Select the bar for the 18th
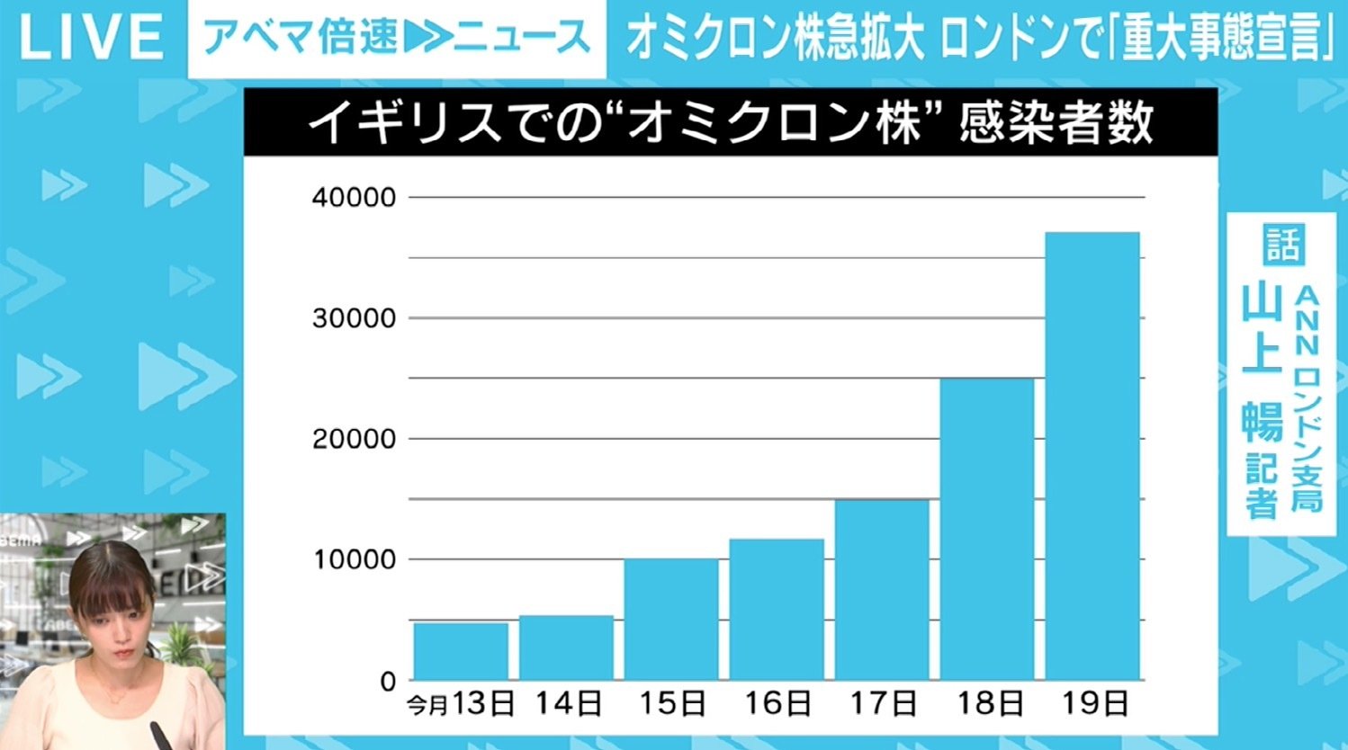[x=987, y=529]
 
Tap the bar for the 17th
[x=882, y=589]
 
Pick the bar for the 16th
[x=777, y=609]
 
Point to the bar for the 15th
[x=671, y=619]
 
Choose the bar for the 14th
[x=566, y=647]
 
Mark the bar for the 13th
[x=461, y=651]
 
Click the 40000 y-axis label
[x=354, y=198]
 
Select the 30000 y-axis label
[x=354, y=318]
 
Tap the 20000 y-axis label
[x=354, y=439]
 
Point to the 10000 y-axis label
[x=354, y=559]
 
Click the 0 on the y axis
[x=388, y=681]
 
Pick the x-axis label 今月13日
[x=461, y=703]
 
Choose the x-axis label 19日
[x=1094, y=703]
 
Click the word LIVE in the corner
[x=90, y=38]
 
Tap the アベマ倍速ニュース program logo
[x=396, y=38]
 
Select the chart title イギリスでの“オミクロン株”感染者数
[x=730, y=123]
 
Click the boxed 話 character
[x=1282, y=243]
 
